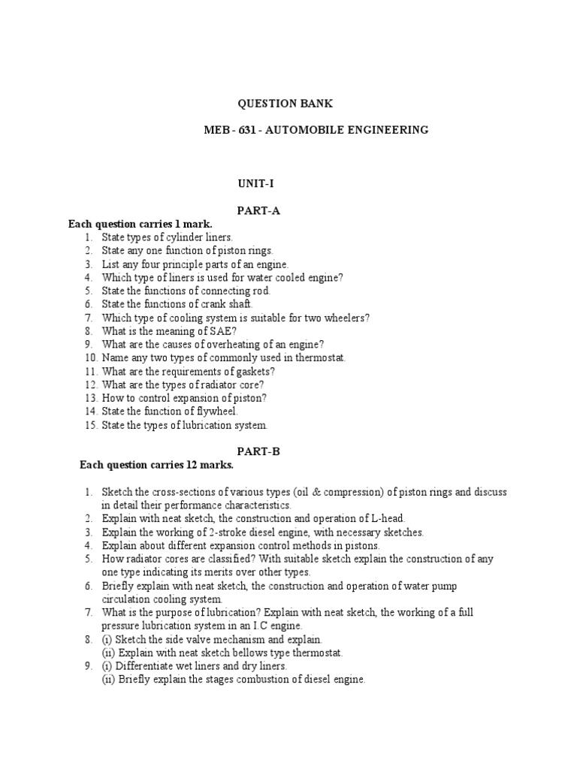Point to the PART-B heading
click(x=259, y=451)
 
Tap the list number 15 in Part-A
click(x=92, y=426)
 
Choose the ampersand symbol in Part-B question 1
click(x=340, y=493)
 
